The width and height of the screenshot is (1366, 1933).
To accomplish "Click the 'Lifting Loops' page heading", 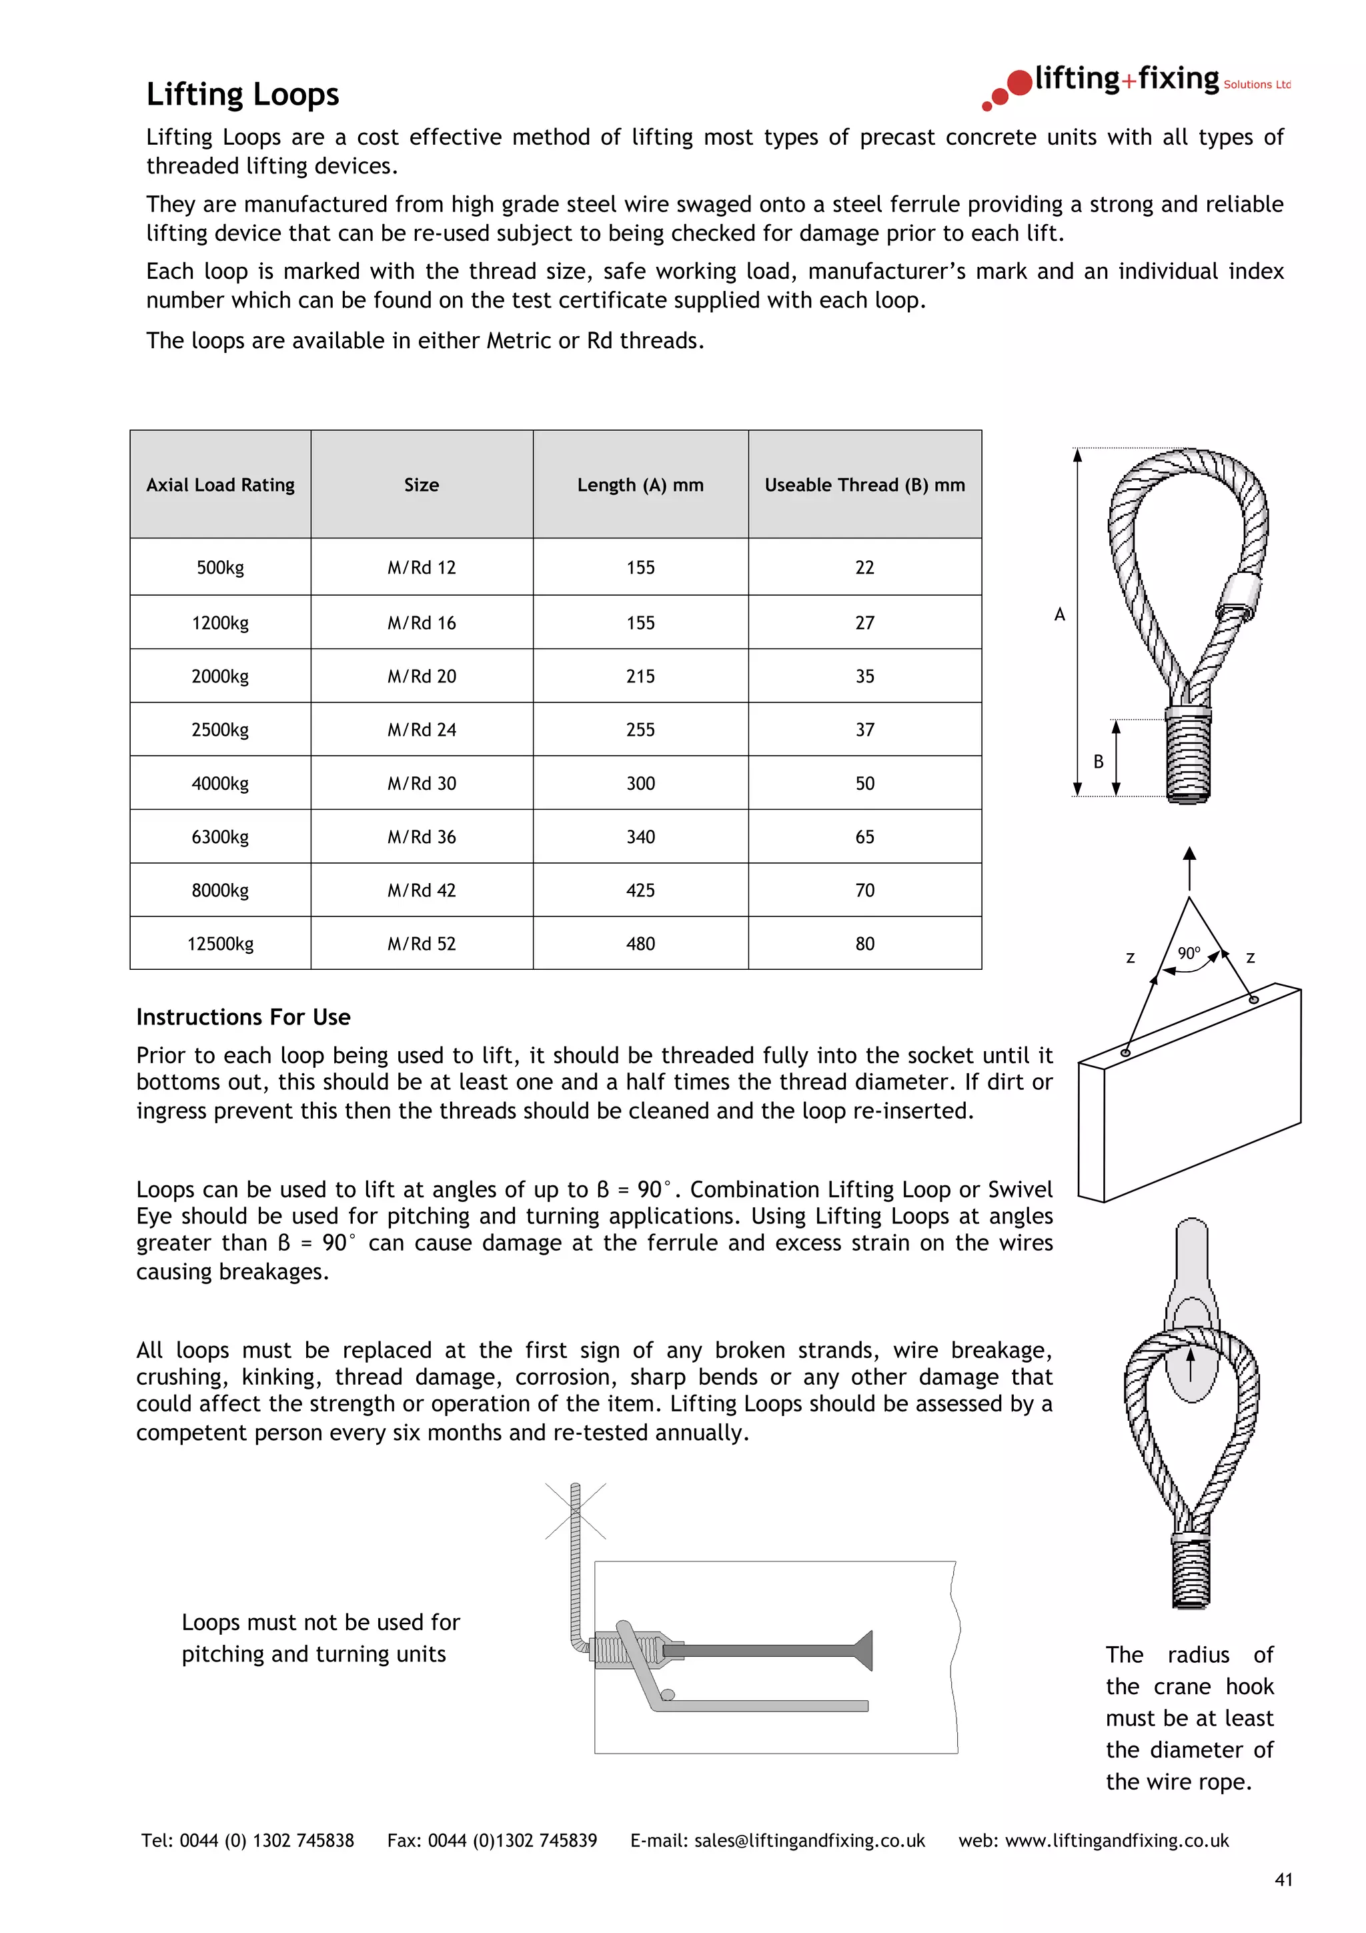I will (x=242, y=94).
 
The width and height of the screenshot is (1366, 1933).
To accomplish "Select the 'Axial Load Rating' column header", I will (x=221, y=485).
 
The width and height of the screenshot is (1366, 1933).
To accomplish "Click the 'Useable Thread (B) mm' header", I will (x=864, y=485).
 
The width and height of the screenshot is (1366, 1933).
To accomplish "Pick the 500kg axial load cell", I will (x=221, y=568).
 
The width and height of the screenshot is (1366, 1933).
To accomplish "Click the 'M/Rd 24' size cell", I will (x=422, y=730).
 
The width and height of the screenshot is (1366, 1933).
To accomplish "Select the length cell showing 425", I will (x=640, y=890).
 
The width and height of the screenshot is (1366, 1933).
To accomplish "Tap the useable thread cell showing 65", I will (x=864, y=837).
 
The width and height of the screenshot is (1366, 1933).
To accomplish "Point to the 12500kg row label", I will (x=221, y=944).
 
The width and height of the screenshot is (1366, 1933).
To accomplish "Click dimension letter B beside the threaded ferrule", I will (x=1099, y=762).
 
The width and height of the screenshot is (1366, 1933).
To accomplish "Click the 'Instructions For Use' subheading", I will (x=243, y=1017).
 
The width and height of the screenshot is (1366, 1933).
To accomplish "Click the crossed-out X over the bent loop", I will (x=576, y=1511).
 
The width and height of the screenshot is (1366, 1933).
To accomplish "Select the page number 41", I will (x=1283, y=1880).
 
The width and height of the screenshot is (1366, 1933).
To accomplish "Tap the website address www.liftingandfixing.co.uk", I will (x=1116, y=1840).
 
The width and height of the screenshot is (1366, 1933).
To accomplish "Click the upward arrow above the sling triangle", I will (x=1189, y=867).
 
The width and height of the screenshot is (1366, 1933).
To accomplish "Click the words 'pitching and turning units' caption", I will (x=314, y=1654).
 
